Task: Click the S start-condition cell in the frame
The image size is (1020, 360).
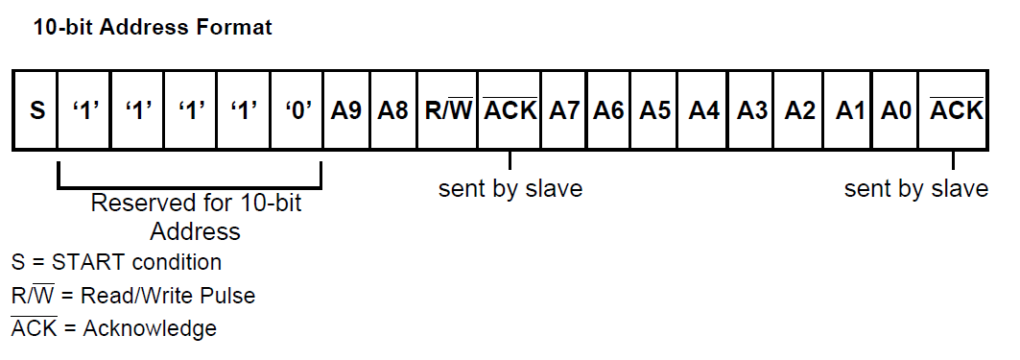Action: click(36, 109)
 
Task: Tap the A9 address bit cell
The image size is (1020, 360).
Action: click(345, 109)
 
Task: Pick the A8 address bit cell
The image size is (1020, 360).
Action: click(392, 109)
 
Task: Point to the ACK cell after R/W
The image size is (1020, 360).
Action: click(510, 109)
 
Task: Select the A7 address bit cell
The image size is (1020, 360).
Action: click(564, 109)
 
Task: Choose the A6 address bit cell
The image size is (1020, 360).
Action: click(609, 109)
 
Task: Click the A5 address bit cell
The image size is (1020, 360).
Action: click(655, 109)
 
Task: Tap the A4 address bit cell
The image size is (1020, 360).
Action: click(703, 109)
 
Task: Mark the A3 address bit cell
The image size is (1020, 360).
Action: click(751, 109)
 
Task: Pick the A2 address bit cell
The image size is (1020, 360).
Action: click(799, 109)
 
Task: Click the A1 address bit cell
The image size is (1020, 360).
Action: click(846, 109)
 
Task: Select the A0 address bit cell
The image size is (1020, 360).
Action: click(894, 109)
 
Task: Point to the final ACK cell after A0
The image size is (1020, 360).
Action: click(956, 109)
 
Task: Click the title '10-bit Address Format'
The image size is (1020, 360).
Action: click(153, 27)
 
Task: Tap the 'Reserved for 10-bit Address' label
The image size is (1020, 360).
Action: click(195, 217)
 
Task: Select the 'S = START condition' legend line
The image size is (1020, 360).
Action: click(116, 262)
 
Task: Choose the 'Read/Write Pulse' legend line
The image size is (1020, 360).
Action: click(133, 295)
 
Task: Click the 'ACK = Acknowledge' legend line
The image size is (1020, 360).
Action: click(114, 328)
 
